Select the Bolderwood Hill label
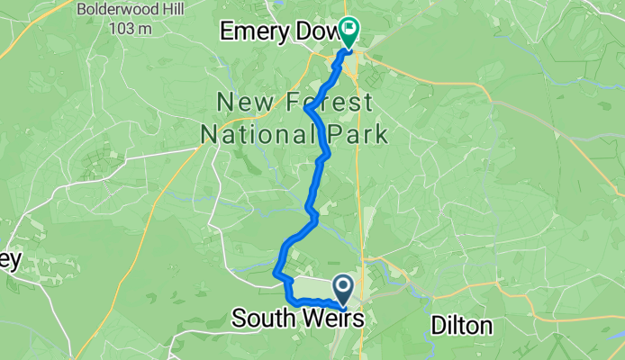(x=121, y=11)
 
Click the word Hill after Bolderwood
(x=168, y=11)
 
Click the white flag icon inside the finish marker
(x=348, y=28)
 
